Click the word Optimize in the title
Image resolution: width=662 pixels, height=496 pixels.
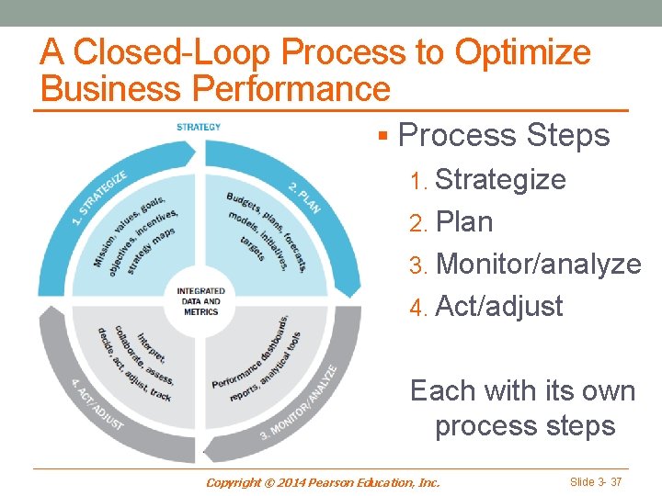point(522,52)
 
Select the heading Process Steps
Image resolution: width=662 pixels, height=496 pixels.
point(504,135)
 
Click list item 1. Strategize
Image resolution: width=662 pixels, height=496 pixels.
point(488,179)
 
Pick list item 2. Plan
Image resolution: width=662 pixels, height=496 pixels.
point(451,221)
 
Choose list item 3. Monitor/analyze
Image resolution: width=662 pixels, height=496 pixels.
point(525,264)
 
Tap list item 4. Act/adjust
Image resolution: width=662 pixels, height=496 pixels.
point(486,306)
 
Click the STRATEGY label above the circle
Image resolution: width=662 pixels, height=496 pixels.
point(199,127)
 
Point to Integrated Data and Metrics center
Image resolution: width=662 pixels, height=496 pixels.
point(200,300)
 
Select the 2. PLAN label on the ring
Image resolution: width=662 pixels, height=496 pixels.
point(304,196)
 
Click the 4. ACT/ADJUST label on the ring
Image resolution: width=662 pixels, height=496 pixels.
point(97,403)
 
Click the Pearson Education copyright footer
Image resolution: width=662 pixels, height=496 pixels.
point(323,481)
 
